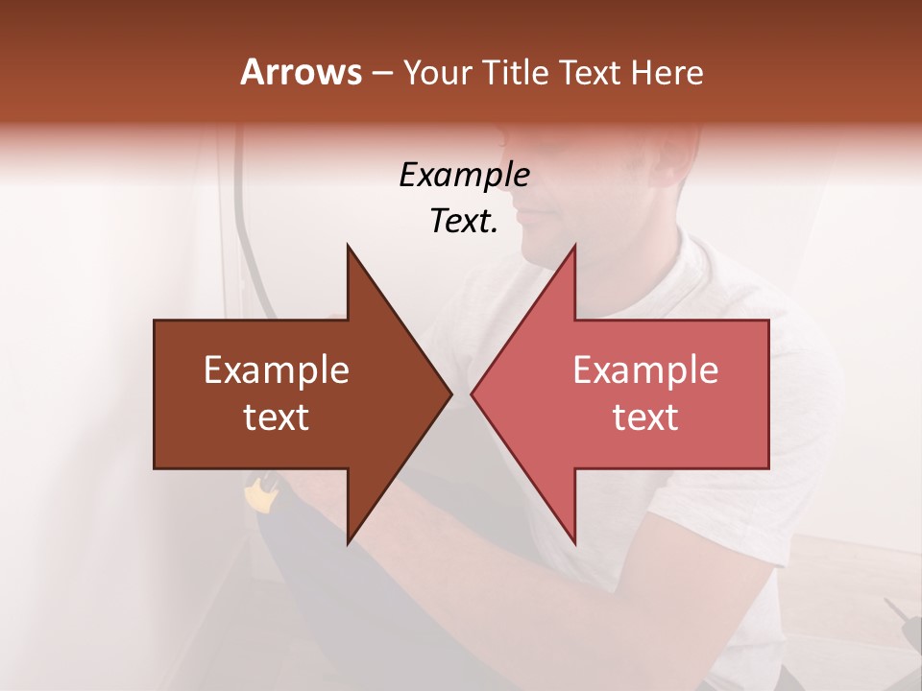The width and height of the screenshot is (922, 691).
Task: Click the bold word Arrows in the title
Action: tap(302, 72)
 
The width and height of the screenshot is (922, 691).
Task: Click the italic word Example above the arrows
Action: tap(464, 175)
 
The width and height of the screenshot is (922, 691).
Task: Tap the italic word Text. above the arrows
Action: tap(464, 222)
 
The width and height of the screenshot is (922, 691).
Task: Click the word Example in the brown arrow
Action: tap(277, 370)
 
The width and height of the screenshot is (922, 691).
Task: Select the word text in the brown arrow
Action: tap(277, 417)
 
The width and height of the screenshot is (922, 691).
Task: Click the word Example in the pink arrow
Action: tap(645, 370)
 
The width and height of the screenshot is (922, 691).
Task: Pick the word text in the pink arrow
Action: tap(645, 417)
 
